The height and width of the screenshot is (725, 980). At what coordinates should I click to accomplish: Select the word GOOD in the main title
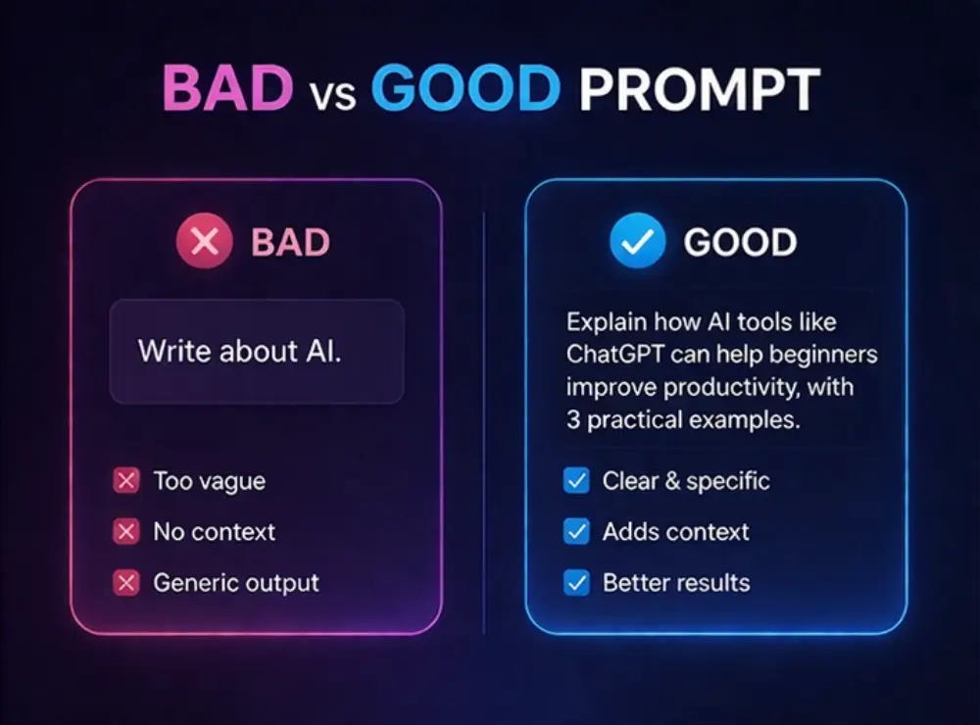tap(465, 90)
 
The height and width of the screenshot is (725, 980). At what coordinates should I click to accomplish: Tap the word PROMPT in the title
tap(699, 90)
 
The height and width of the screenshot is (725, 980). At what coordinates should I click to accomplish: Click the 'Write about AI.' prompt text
tap(240, 351)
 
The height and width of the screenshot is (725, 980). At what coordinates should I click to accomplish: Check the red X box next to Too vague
tap(126, 481)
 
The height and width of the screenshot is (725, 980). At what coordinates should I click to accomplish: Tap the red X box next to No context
tap(126, 532)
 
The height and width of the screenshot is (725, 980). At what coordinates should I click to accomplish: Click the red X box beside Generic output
tap(126, 583)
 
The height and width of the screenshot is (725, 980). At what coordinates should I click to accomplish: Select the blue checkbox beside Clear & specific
tap(577, 481)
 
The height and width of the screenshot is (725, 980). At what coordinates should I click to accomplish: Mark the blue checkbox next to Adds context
tap(577, 532)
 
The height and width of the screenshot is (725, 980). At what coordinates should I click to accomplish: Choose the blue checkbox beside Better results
tap(577, 583)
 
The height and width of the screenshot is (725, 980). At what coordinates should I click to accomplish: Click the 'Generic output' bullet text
tap(236, 583)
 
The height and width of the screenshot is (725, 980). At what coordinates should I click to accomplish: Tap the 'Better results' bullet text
tap(676, 583)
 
